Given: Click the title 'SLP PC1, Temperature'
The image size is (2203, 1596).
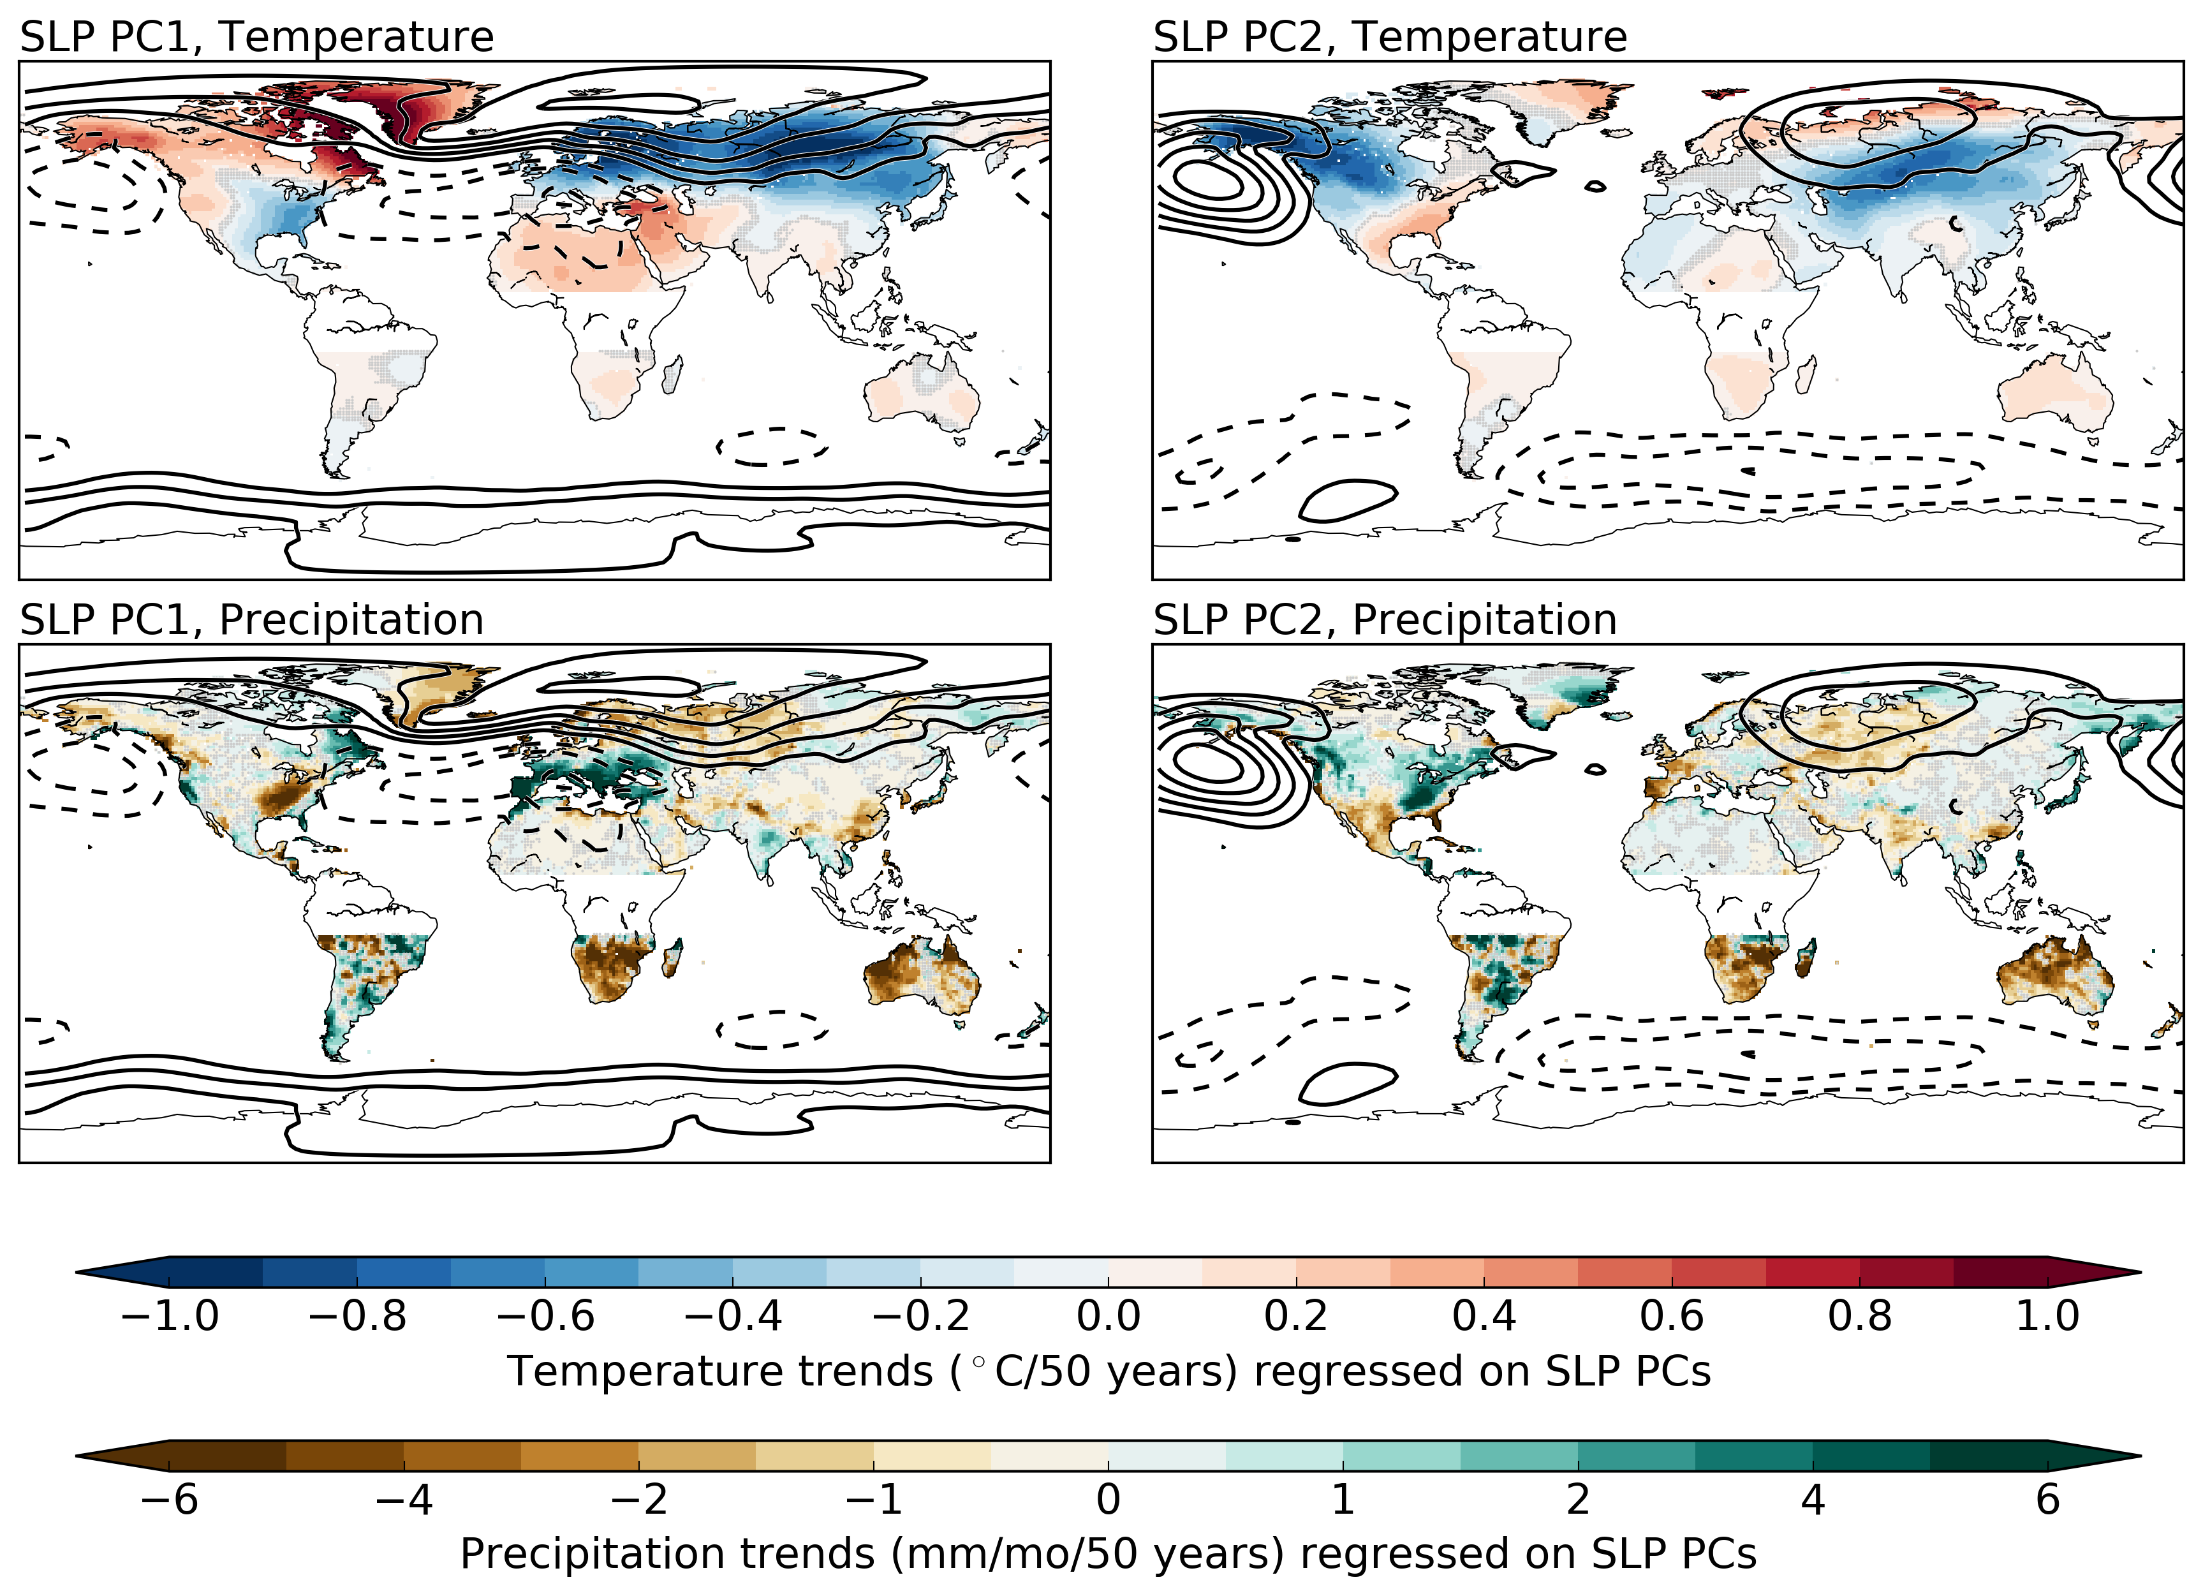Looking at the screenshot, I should tap(256, 37).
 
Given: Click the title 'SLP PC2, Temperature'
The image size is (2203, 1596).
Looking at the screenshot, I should tap(1389, 37).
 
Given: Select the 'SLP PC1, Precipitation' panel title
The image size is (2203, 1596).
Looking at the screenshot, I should tap(251, 620).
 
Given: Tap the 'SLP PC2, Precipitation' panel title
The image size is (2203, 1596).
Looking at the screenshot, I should tap(1384, 620).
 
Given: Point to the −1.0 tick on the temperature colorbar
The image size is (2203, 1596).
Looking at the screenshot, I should tap(169, 1316).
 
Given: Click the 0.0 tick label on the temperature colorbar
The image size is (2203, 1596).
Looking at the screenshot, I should tap(1109, 1316).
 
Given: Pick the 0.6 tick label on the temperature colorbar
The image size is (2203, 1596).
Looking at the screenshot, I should tap(1672, 1316).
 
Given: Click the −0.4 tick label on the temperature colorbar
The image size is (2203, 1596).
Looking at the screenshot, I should tap(732, 1316).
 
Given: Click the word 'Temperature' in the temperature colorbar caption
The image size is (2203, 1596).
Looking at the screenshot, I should tap(719, 1371).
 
